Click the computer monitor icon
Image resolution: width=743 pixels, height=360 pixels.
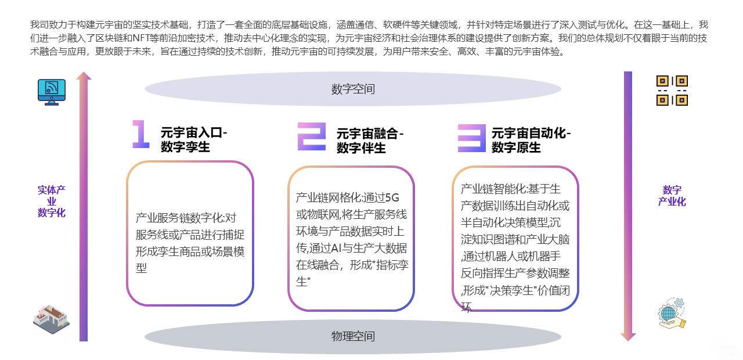[x=52, y=92]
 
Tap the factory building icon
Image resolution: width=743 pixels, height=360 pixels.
[x=52, y=319]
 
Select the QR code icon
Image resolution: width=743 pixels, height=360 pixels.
[x=672, y=91]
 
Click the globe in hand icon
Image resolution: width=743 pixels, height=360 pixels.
[x=672, y=313]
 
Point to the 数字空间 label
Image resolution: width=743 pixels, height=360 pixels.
[x=353, y=89]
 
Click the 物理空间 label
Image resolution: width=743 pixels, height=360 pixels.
[x=353, y=336]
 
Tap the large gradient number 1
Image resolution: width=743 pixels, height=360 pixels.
[x=140, y=134]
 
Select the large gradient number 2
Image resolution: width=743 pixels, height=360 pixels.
[x=312, y=136]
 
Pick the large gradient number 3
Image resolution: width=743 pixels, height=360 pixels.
[x=471, y=138]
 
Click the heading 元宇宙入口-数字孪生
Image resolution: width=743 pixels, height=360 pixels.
[x=194, y=140]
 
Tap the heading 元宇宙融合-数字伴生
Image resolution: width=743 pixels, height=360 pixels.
[x=370, y=141]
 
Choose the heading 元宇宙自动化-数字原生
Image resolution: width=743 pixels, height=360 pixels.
[x=531, y=140]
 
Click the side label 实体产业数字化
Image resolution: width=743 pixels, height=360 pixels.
[x=52, y=201]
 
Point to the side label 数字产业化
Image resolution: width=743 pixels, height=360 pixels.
[x=672, y=196]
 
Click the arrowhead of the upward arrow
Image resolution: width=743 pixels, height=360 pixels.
[x=84, y=75]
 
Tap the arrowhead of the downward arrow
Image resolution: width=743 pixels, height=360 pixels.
[x=628, y=337]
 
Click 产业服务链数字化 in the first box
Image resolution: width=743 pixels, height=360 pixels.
[x=179, y=218]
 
